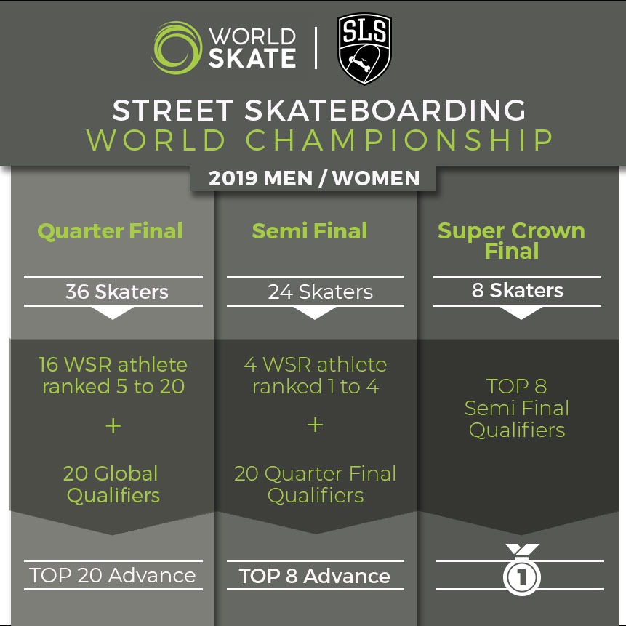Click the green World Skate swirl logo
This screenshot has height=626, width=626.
pyautogui.click(x=177, y=48)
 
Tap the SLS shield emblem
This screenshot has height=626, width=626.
pyautogui.click(x=364, y=48)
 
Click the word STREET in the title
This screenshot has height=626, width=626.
pyautogui.click(x=172, y=110)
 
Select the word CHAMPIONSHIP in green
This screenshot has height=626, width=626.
pyautogui.click(x=399, y=140)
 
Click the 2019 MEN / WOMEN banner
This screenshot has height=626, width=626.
pyautogui.click(x=314, y=178)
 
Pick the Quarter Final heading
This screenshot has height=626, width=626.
pyautogui.click(x=111, y=231)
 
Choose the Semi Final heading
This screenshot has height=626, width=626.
pyautogui.click(x=310, y=230)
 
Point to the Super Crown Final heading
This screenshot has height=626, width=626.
pyautogui.click(x=511, y=241)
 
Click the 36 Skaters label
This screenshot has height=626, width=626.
pyautogui.click(x=117, y=292)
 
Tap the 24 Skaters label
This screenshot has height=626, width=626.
pyautogui.click(x=320, y=292)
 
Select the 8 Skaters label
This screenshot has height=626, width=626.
pyautogui.click(x=518, y=290)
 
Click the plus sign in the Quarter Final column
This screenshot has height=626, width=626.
pyautogui.click(x=113, y=425)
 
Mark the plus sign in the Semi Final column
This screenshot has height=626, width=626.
pyautogui.click(x=316, y=425)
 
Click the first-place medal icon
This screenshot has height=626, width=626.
pyautogui.click(x=522, y=570)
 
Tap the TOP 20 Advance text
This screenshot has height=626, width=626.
pyautogui.click(x=113, y=575)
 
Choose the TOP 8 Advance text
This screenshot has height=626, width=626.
pyautogui.click(x=315, y=576)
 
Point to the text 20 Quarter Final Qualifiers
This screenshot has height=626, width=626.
pyautogui.click(x=315, y=484)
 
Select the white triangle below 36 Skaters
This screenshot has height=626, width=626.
pyautogui.click(x=113, y=313)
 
